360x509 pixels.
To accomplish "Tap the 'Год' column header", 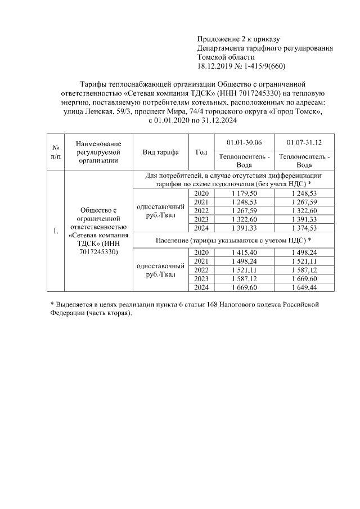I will [201, 152].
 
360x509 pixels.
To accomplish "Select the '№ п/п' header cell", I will [56, 152].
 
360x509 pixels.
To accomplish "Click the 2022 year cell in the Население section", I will [201, 270].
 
